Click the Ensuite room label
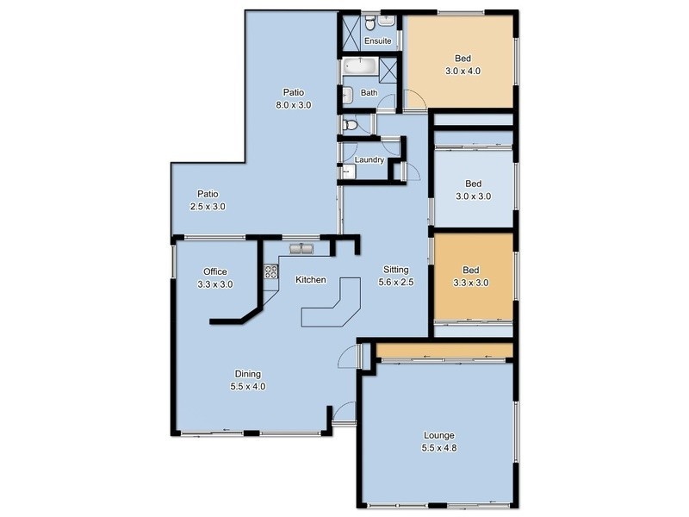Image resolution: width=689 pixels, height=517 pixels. tap(377, 40)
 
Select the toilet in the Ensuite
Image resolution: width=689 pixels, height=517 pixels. tap(368, 19)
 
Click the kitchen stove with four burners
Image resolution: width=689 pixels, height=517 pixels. tap(270, 273)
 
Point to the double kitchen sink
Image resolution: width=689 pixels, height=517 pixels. tap(301, 250)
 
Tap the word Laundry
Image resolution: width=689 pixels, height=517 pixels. tap(369, 159)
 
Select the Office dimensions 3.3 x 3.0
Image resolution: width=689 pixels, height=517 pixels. tap(215, 283)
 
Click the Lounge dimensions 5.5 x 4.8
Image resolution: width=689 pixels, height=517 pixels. tap(438, 447)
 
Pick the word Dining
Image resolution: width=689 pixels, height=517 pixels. tap(247, 374)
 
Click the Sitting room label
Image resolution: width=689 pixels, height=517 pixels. tap(395, 270)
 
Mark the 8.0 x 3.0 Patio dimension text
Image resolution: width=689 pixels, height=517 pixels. tap(293, 104)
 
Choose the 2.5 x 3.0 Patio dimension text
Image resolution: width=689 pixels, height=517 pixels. tap(208, 206)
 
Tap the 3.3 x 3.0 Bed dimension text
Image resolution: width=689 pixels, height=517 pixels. tap(470, 282)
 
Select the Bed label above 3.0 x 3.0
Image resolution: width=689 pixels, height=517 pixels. tap(473, 184)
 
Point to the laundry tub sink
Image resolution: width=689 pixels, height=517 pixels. tap(348, 172)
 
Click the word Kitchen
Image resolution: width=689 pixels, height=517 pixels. tap(310, 280)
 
